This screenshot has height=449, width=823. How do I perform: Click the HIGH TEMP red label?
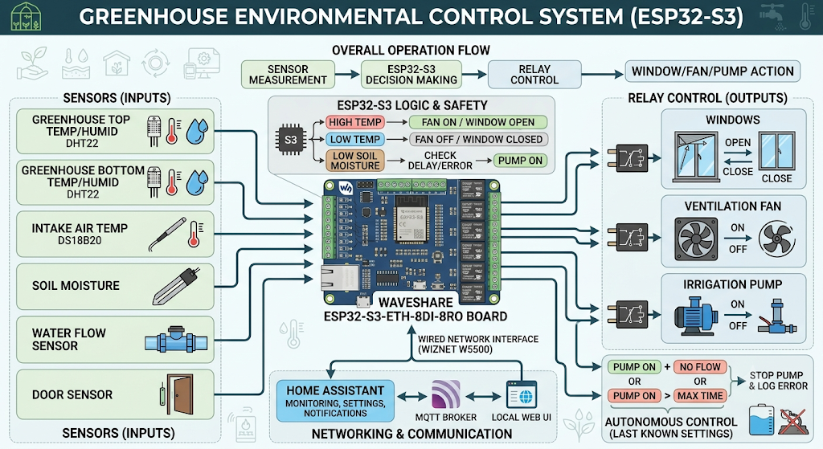tap(354, 122)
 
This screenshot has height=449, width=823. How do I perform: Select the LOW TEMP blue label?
tap(354, 140)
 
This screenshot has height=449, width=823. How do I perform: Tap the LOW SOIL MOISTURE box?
tap(354, 161)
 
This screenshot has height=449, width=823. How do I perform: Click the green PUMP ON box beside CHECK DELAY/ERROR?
tap(520, 161)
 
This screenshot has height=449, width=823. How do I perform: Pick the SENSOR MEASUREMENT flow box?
tap(288, 75)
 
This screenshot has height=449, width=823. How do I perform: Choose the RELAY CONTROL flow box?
tap(534, 75)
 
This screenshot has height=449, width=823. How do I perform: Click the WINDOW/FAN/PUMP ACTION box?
tap(712, 71)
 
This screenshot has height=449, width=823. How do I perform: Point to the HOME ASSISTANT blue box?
tap(335, 402)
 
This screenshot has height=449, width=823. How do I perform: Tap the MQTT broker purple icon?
tap(445, 394)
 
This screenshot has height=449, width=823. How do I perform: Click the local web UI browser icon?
tap(521, 394)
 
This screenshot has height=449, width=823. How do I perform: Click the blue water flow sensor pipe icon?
tap(176, 341)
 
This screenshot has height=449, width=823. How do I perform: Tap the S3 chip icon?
tap(291, 140)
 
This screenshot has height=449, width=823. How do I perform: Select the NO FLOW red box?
tap(700, 367)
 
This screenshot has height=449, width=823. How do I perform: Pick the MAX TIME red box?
tap(700, 396)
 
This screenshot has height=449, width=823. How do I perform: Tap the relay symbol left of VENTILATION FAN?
tap(628, 236)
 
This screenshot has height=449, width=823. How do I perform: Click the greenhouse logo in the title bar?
tap(25, 16)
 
